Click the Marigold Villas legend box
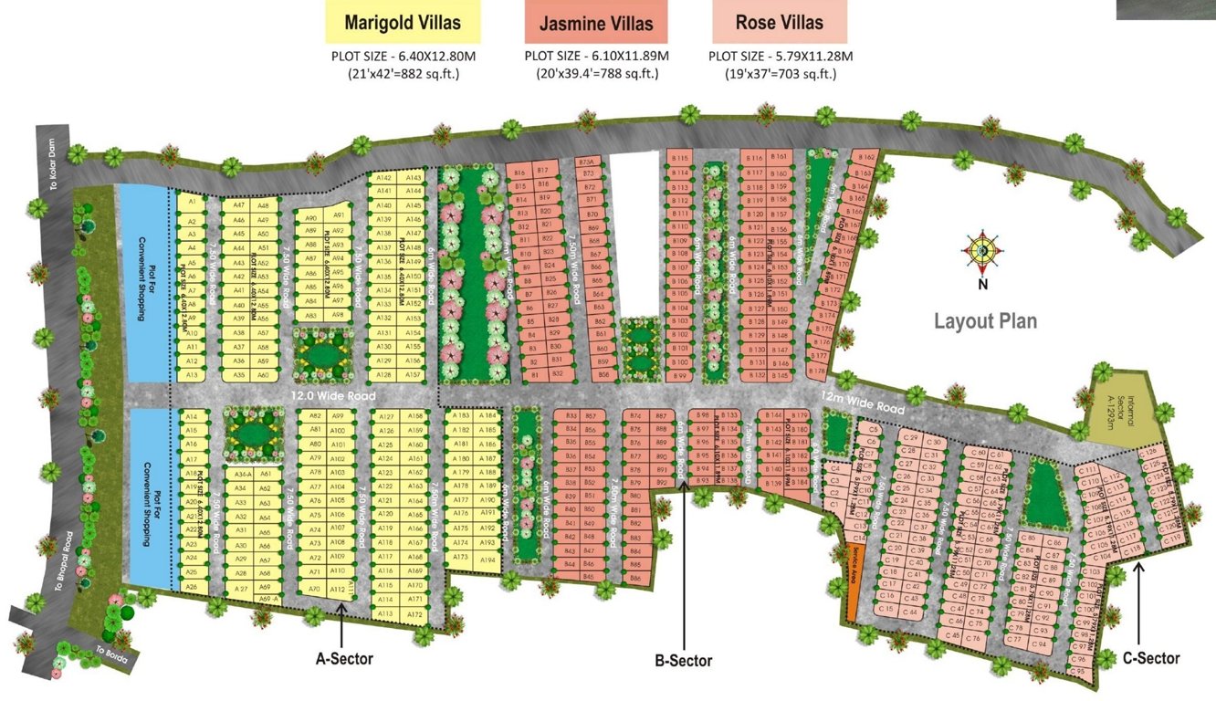tap(404, 22)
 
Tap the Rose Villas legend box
tap(780, 22)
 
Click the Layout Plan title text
tap(985, 321)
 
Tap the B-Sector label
tap(684, 661)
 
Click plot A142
tap(384, 178)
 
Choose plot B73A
tap(587, 162)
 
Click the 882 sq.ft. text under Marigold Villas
tap(403, 73)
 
